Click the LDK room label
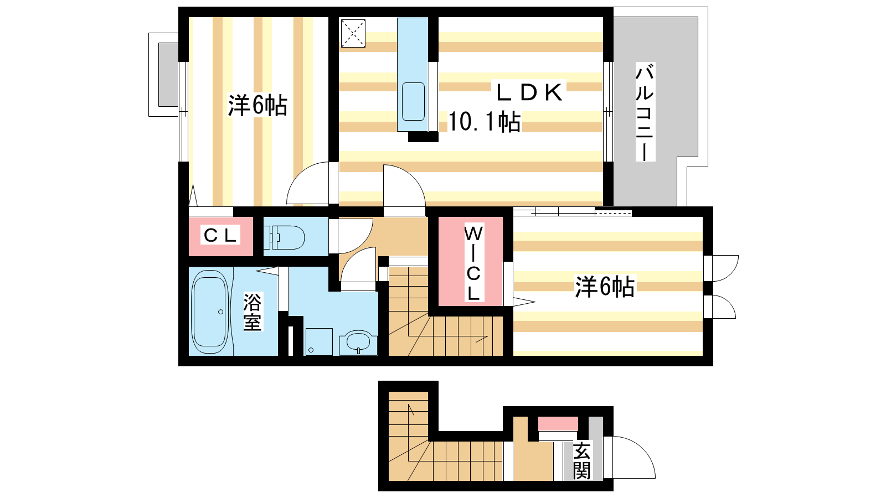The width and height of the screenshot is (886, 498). click(x=529, y=92)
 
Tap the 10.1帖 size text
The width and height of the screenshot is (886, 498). click(x=484, y=121)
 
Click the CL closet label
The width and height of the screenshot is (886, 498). click(x=220, y=236)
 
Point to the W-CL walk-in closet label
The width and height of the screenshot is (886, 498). click(x=473, y=263)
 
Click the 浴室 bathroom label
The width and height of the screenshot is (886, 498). click(x=252, y=312)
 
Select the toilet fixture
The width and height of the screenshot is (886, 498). click(x=285, y=237)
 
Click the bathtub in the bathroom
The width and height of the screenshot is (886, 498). click(x=210, y=312)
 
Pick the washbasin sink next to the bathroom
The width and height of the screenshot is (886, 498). click(x=358, y=343)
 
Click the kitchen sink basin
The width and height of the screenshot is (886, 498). click(x=413, y=101)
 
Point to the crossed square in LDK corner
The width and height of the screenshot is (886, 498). click(x=353, y=33)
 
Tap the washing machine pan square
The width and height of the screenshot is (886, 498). click(x=318, y=341)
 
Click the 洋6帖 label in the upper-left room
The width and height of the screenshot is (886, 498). click(x=257, y=105)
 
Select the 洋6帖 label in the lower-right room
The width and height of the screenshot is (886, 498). click(x=605, y=287)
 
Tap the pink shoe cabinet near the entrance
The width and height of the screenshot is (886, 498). click(x=558, y=424)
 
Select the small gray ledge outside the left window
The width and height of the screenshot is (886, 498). click(x=168, y=75)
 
